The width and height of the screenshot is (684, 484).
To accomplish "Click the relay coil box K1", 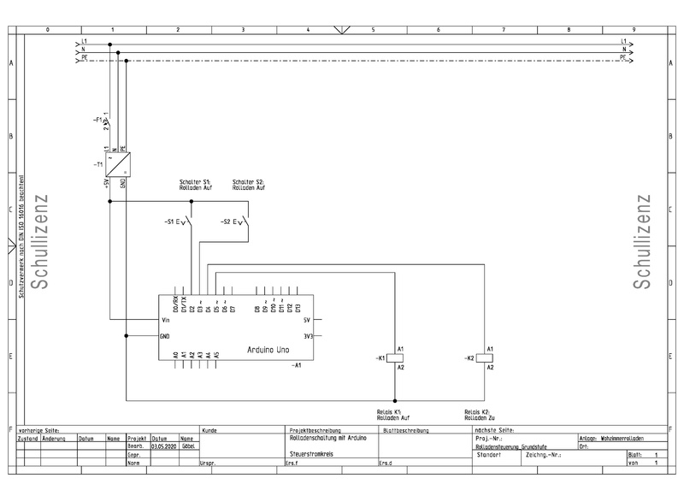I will [x=395, y=357].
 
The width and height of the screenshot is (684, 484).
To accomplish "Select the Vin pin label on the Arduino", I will [x=166, y=320].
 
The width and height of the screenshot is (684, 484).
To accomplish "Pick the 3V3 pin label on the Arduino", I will [x=309, y=336].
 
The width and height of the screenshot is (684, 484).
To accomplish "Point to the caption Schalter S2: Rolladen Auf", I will [x=248, y=184].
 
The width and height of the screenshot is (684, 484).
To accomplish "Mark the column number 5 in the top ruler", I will [x=374, y=30].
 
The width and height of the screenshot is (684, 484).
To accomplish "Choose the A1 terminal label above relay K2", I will [x=490, y=349].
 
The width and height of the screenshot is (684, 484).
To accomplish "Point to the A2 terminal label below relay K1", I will [x=401, y=367].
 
